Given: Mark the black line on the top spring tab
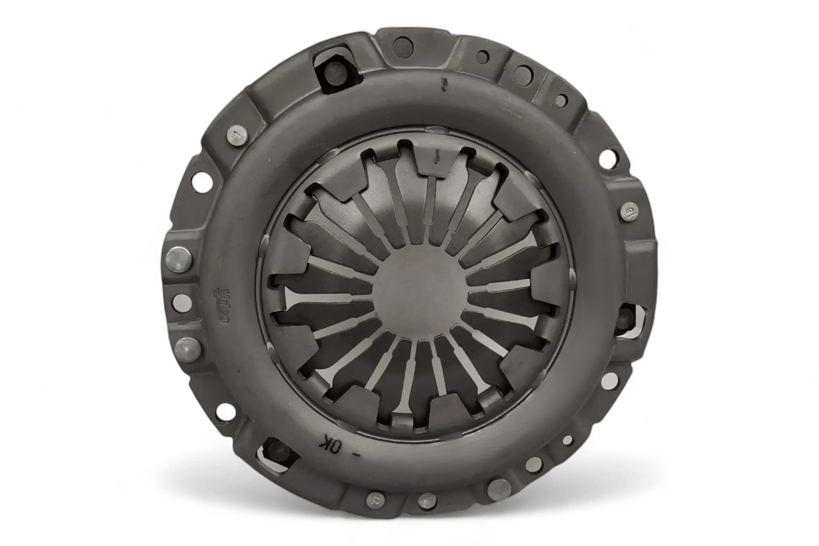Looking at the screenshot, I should click(436, 154).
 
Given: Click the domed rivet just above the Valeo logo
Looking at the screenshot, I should click(179, 259).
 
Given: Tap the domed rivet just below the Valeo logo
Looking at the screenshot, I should click(187, 349).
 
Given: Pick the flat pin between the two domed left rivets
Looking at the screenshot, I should click(182, 303).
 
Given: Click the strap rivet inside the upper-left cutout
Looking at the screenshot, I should click(335, 70).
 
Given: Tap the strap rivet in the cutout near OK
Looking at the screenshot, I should click(277, 450).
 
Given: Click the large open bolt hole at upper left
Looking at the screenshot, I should click(202, 182).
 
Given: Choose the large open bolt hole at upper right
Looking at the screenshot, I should click(608, 158).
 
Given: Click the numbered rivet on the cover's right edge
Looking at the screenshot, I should click(628, 211).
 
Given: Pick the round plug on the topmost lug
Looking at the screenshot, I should click(402, 46).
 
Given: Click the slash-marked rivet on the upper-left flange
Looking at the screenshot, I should click(237, 135).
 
